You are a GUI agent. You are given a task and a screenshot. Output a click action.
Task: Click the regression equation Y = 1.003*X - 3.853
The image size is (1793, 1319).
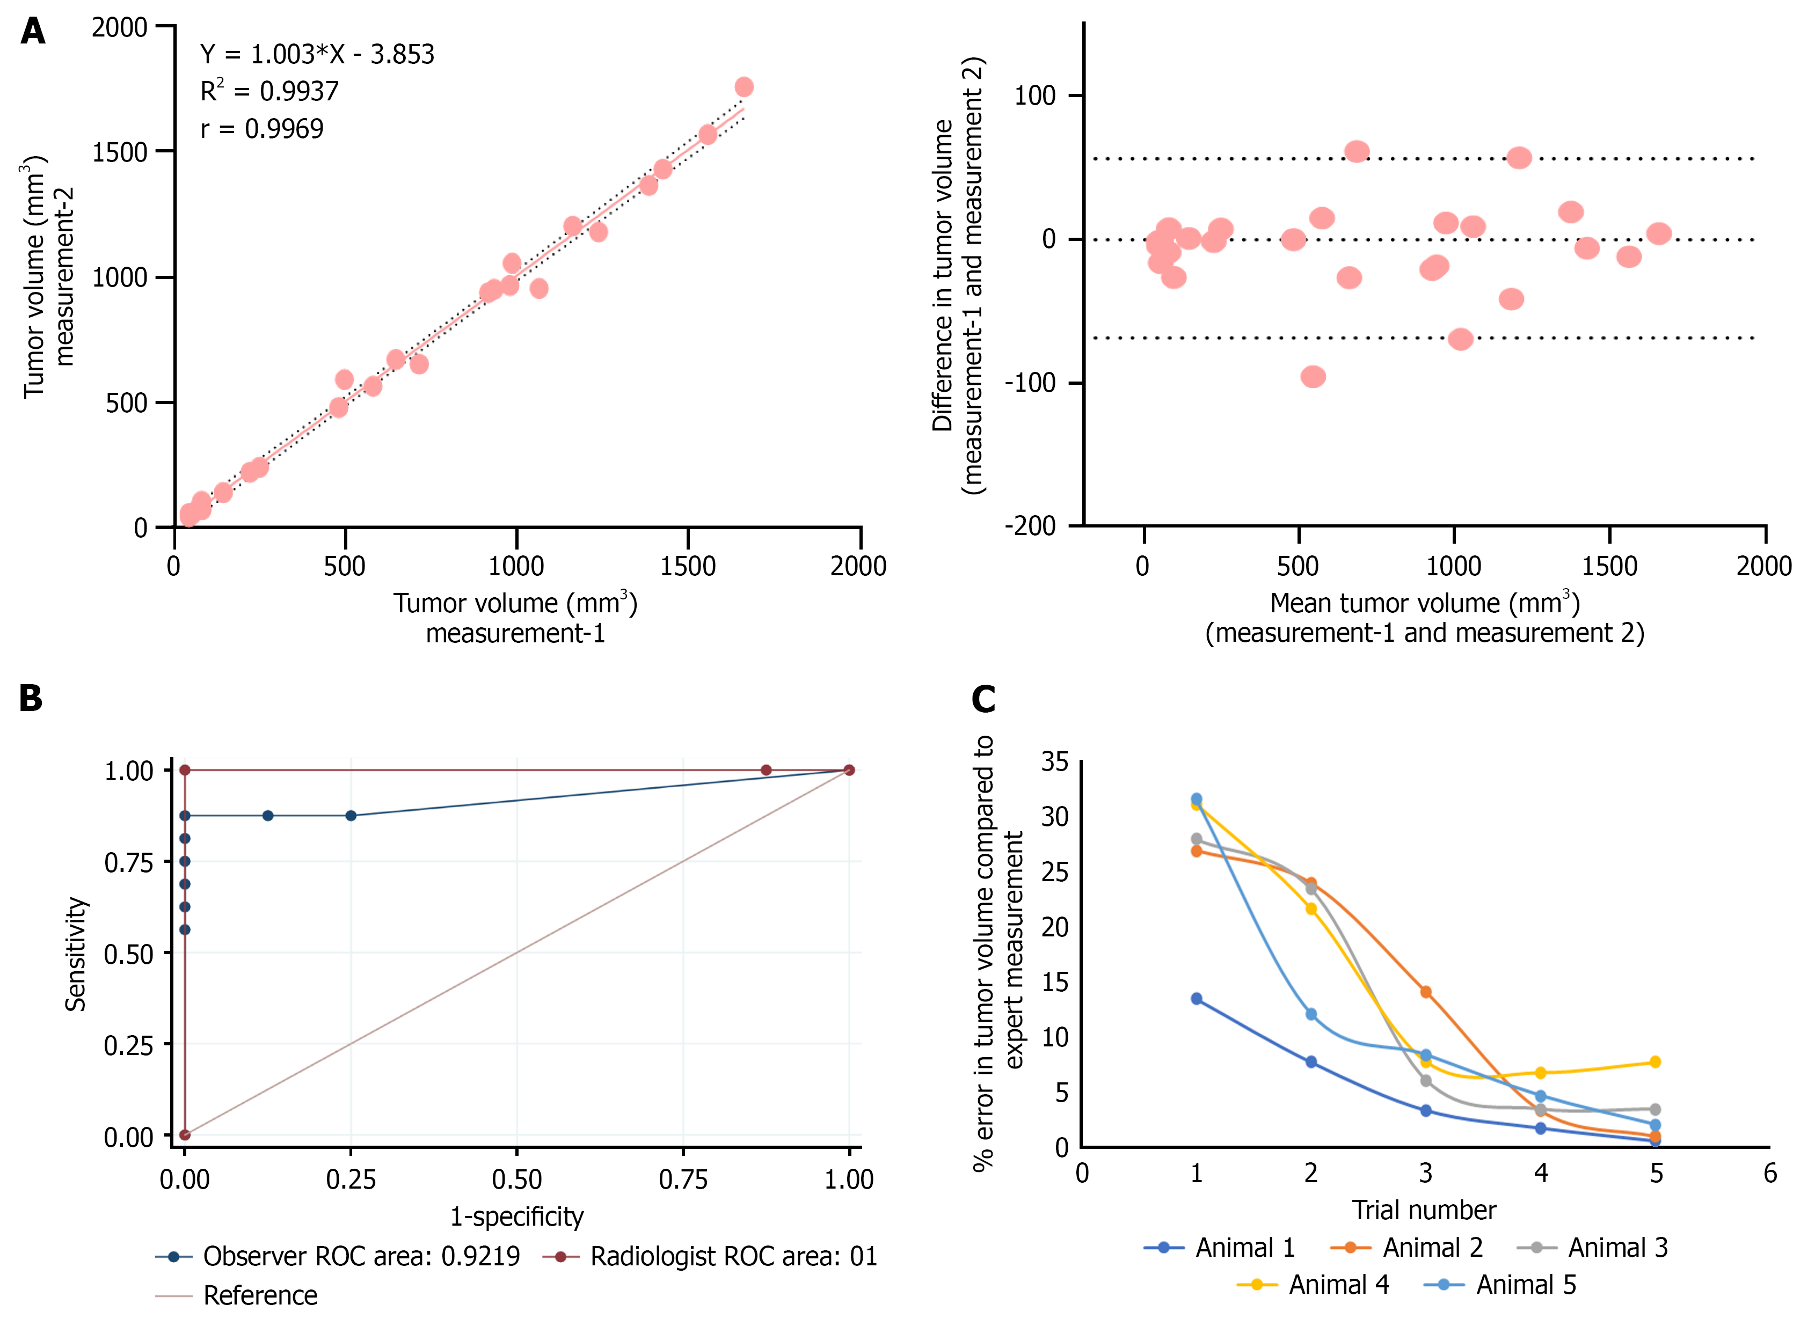tap(317, 54)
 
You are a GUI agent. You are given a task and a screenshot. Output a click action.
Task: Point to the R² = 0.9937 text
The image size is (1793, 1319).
tap(269, 91)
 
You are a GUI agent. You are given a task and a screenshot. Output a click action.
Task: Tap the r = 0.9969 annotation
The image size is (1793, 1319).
tap(262, 129)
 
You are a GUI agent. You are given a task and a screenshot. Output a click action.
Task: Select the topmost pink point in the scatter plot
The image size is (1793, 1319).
tap(744, 86)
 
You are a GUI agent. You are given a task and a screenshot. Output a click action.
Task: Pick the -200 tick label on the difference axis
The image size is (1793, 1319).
tap(1030, 526)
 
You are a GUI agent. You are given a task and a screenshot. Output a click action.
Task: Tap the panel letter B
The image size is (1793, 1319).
tap(31, 698)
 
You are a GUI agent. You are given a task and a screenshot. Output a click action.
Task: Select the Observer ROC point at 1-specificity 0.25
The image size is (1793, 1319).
tap(351, 815)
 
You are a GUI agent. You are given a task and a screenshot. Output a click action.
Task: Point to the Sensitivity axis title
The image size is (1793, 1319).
tap(76, 954)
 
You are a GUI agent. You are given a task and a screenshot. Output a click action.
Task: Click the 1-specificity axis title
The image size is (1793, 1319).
tap(517, 1216)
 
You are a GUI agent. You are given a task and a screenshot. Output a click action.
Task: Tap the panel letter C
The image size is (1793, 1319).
tap(983, 699)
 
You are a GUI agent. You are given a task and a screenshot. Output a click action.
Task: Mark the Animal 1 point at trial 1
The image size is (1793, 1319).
tap(1197, 999)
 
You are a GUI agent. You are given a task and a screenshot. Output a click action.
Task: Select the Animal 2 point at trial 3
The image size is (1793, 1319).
tap(1426, 992)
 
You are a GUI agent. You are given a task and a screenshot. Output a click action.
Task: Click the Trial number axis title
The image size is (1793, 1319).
tap(1424, 1210)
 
